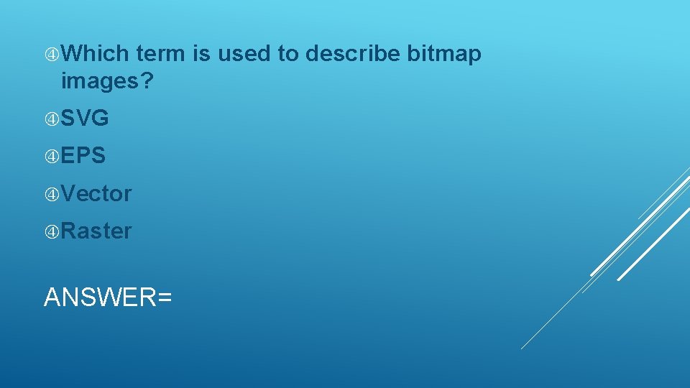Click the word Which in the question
point(95,54)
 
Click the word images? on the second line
point(107,82)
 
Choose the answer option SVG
point(85,119)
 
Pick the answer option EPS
point(83,156)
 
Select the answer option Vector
point(96,193)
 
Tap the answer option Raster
point(96,231)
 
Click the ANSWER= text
point(108,297)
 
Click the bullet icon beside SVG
point(52,119)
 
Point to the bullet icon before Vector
point(52,194)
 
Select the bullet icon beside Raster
point(52,231)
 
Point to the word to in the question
point(290,54)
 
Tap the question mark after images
point(147,82)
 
